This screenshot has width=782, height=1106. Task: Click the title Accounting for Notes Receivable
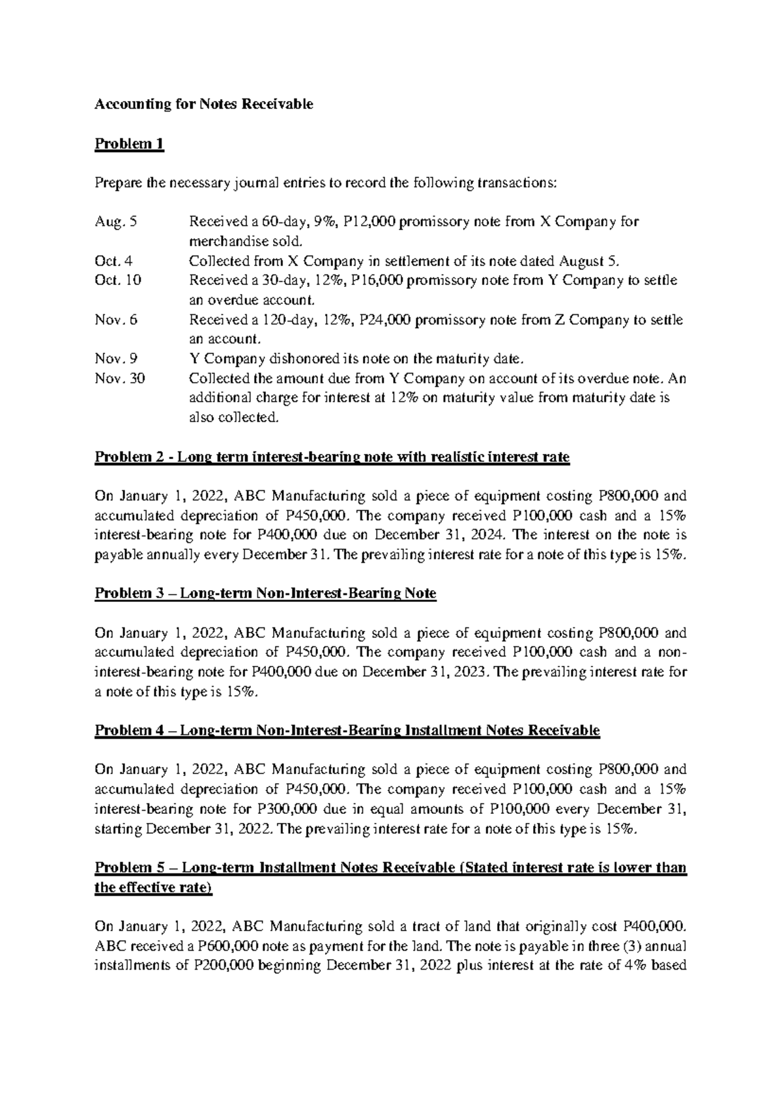click(x=204, y=104)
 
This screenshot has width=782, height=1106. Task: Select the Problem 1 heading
click(x=129, y=143)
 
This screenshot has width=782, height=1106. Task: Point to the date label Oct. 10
click(x=118, y=280)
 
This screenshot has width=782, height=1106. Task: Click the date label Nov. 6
click(x=116, y=320)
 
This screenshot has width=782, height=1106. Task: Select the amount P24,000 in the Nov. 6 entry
click(x=388, y=320)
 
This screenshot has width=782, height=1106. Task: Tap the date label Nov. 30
click(x=120, y=379)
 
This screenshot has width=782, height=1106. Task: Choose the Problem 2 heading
click(x=332, y=457)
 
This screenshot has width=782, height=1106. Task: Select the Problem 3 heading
click(x=265, y=593)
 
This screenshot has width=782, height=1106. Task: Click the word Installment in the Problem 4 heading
click(x=444, y=730)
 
